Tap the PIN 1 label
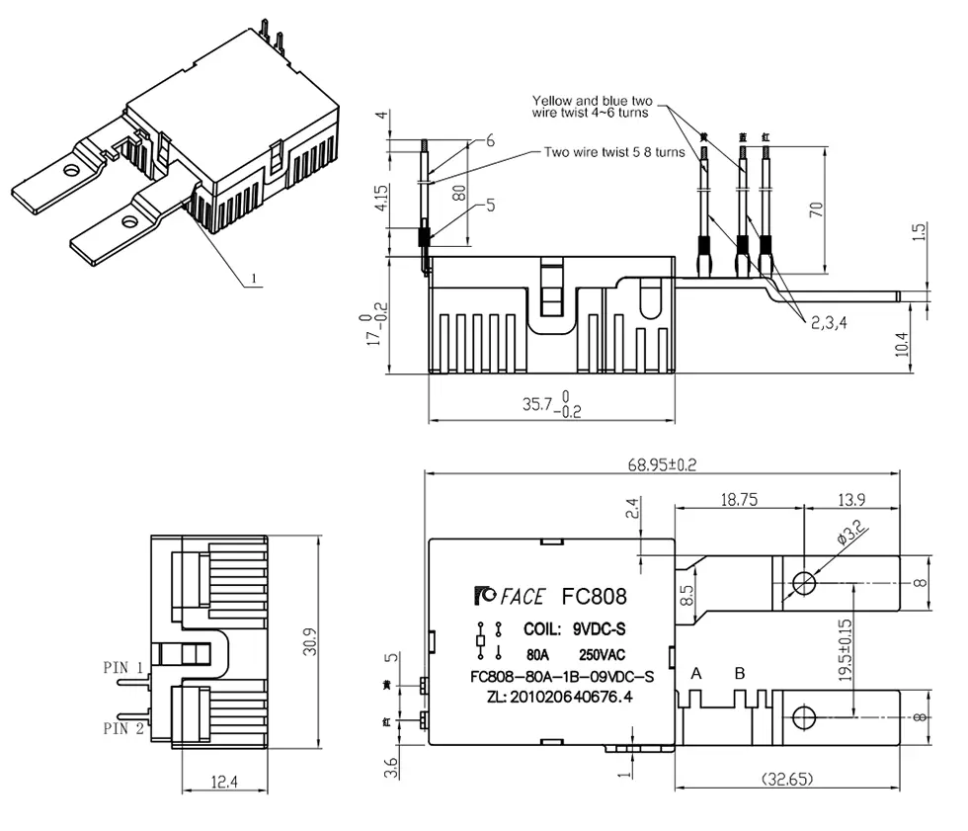coord(123,667)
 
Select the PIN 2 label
coord(123,728)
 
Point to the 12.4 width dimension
coord(225,784)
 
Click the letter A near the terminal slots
coord(696,674)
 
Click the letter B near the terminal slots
coord(740,674)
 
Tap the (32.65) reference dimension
coord(787,780)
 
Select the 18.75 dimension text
coord(739,500)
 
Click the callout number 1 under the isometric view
coord(254,280)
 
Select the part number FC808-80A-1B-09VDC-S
coord(562,677)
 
